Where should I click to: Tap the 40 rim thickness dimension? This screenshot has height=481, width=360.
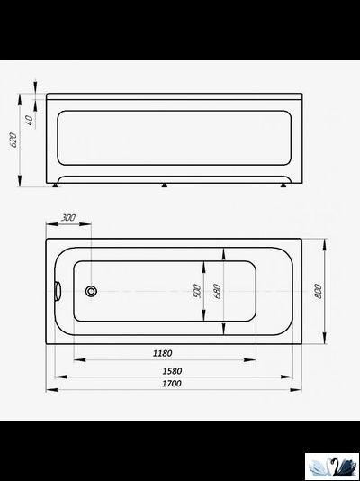click(x=30, y=121)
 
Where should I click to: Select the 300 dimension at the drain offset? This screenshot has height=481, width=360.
click(x=69, y=219)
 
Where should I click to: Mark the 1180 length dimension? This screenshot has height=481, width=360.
click(x=163, y=353)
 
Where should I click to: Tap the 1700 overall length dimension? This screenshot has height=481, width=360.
click(x=171, y=385)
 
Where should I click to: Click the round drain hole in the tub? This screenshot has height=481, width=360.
click(x=90, y=291)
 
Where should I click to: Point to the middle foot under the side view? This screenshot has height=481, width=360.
click(x=164, y=186)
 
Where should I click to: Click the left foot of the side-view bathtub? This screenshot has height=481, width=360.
click(x=58, y=186)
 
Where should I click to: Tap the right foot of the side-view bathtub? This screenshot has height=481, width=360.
click(x=285, y=186)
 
